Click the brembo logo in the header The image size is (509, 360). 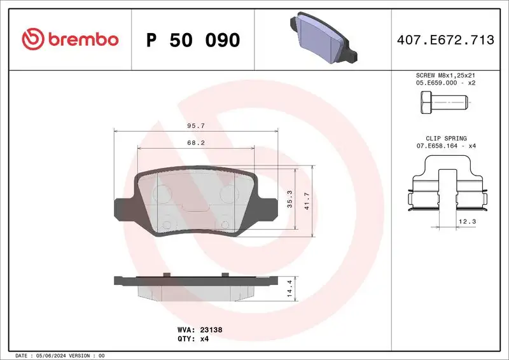[x=70, y=39]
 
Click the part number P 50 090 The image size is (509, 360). [x=193, y=40]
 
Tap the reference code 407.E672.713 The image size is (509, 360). [x=445, y=40]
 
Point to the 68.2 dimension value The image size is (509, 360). [x=195, y=143]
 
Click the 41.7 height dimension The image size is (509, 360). [x=307, y=200]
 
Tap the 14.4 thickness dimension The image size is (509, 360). [x=290, y=289]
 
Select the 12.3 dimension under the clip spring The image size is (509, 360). [x=467, y=221]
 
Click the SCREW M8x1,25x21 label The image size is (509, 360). [x=445, y=75]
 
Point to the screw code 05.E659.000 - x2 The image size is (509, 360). [x=445, y=83]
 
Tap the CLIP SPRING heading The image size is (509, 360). [x=445, y=138]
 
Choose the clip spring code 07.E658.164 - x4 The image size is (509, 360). [x=445, y=146]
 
